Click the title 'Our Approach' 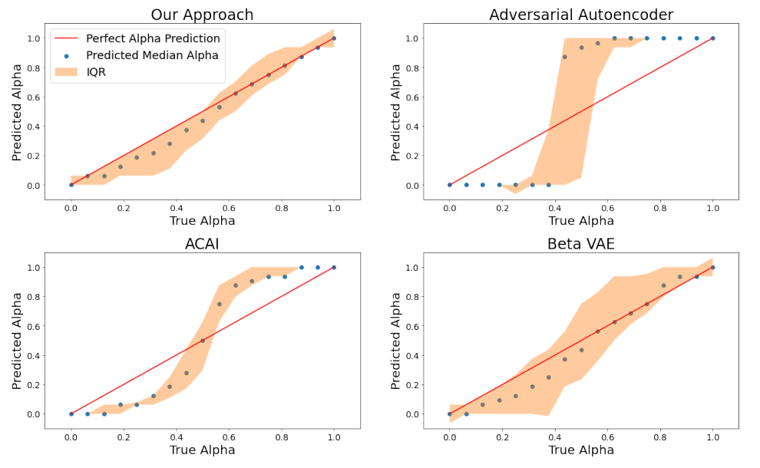click(202, 15)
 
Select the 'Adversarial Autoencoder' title click(581, 15)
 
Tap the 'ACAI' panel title click(202, 244)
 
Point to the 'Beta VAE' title click(581, 244)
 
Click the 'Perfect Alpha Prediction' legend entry click(153, 38)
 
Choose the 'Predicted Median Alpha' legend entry click(153, 55)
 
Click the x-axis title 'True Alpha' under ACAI click(203, 450)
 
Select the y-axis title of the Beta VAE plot click(396, 341)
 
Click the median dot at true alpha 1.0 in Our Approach click(334, 38)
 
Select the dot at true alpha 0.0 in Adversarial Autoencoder click(450, 184)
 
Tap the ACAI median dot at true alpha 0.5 click(203, 341)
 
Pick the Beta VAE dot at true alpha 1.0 click(712, 267)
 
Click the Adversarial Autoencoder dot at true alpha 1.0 click(712, 38)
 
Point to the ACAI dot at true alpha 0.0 click(71, 414)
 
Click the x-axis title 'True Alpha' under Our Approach click(203, 221)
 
